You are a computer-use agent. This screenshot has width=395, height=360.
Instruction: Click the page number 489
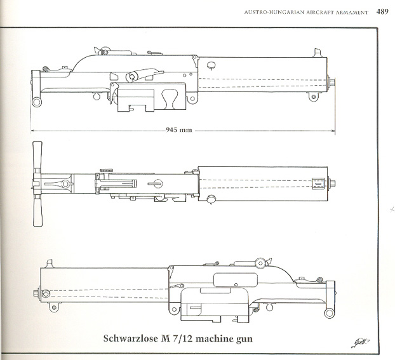[382, 11]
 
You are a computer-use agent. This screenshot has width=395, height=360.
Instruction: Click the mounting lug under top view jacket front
[313, 97]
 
